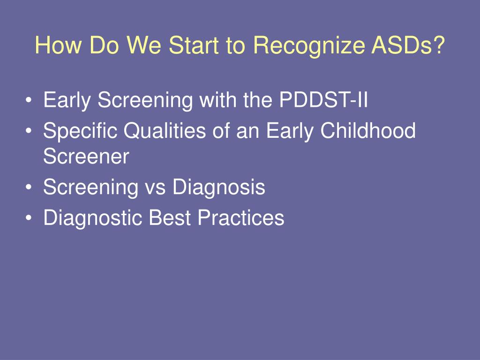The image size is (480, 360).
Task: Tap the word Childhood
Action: [x=368, y=130]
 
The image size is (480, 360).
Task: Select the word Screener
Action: [x=86, y=156]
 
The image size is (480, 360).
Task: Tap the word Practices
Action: [x=241, y=217]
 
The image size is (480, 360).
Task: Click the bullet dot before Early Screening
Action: [x=29, y=100]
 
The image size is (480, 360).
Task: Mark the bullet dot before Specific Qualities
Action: [x=29, y=131]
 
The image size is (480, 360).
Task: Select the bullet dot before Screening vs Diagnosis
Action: [x=29, y=187]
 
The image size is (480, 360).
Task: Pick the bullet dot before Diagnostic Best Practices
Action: [x=29, y=218]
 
